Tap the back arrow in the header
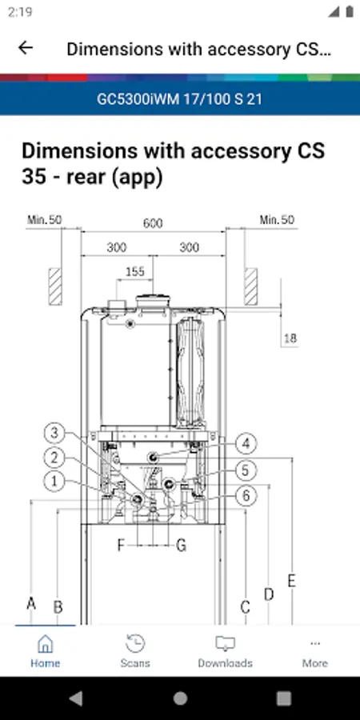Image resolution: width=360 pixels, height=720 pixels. pyautogui.click(x=26, y=48)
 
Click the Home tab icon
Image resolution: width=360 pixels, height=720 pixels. pyautogui.click(x=45, y=643)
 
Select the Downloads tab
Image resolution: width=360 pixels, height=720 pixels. pyautogui.click(x=225, y=650)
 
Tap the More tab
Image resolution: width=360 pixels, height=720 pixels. pyautogui.click(x=315, y=650)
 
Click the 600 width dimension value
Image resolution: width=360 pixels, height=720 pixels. pyautogui.click(x=153, y=224)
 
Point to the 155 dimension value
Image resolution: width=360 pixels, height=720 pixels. pyautogui.click(x=135, y=271)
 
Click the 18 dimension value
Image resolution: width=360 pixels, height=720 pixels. pyautogui.click(x=290, y=339)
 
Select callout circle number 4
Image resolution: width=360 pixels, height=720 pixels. pyautogui.click(x=246, y=444)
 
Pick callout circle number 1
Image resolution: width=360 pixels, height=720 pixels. pyautogui.click(x=54, y=482)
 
